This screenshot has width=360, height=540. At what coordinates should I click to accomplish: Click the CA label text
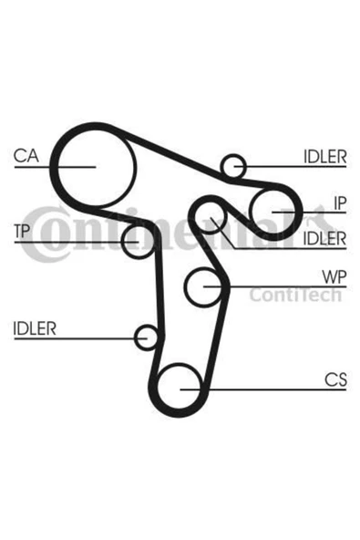point(26,156)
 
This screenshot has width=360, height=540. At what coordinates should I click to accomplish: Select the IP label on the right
point(340,203)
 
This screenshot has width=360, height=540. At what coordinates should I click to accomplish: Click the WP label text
point(334,277)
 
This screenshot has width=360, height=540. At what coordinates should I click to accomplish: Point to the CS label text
point(335,379)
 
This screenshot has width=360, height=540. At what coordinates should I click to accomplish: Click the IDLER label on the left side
point(35,328)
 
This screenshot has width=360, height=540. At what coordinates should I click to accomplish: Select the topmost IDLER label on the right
point(324,157)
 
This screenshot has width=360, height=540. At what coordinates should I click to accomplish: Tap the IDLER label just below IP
point(324,239)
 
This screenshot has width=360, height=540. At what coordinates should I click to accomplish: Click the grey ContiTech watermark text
point(295,296)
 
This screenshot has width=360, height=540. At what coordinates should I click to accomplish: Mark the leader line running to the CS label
point(263,389)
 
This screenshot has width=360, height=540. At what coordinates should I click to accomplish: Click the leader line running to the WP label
point(275,286)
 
